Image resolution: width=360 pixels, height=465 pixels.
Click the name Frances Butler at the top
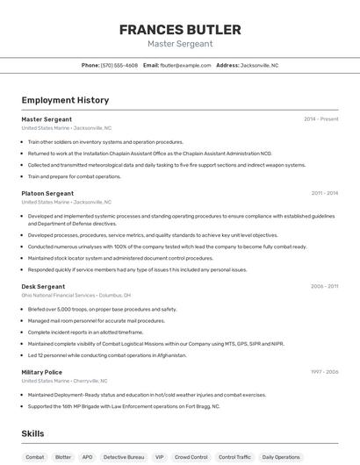[x=180, y=29]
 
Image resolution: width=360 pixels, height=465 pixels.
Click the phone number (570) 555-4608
[x=119, y=65]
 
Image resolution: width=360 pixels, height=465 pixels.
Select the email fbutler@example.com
[x=184, y=65]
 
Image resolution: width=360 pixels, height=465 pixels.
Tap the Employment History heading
[x=65, y=100]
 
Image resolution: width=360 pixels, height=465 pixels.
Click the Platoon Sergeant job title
[x=47, y=193]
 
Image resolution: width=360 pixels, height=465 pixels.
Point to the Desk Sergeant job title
[x=43, y=286]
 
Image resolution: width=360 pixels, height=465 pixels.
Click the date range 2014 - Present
[x=320, y=118]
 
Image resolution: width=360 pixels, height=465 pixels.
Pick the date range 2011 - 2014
[x=324, y=193]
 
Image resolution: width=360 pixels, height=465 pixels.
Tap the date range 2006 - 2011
[x=324, y=286]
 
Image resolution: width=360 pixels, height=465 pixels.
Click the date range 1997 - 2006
[x=324, y=372]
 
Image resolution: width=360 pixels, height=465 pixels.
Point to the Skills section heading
[x=33, y=433]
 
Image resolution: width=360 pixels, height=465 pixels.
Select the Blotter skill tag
[x=62, y=457]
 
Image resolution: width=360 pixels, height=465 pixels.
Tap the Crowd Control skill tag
[x=191, y=457]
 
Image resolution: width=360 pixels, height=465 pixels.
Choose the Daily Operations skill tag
[x=281, y=457]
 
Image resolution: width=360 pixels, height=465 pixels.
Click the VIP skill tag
[x=159, y=457]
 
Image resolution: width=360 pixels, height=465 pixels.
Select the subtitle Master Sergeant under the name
[x=180, y=44]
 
